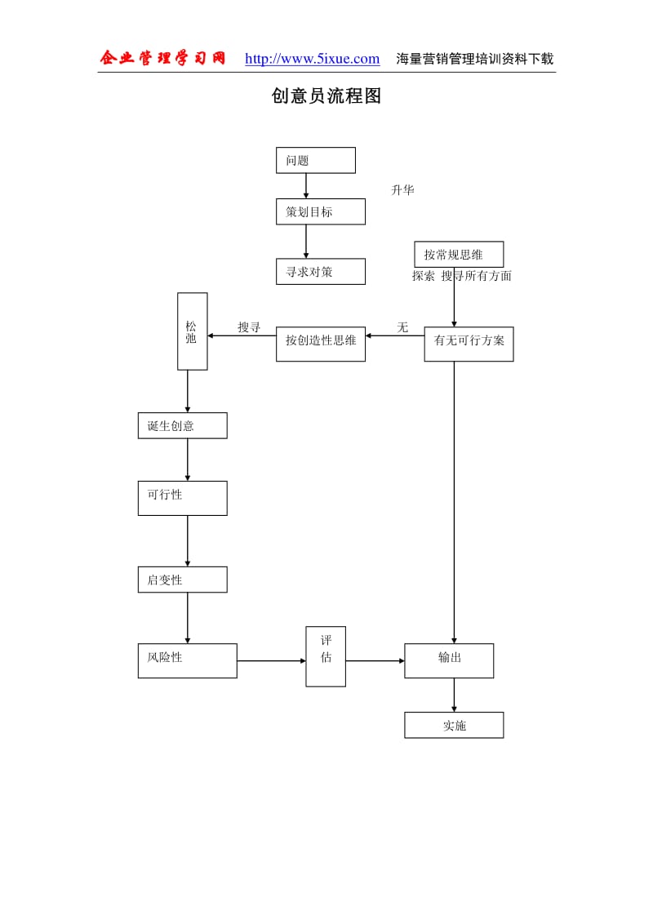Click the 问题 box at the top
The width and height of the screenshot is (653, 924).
pos(315,160)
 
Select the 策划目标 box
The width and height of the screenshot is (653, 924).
pos(320,211)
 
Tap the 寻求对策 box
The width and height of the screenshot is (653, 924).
pos(320,271)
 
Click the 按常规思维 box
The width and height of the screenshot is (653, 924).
pos(459,254)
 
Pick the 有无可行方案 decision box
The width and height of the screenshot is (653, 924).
pos(469,344)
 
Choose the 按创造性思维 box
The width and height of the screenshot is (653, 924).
pos(320,344)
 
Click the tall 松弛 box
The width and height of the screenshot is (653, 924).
pos(192,331)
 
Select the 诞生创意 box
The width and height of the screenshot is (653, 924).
pos(182,425)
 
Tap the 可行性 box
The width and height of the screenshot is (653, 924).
pos(182,498)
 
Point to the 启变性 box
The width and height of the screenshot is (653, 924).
pos(182,580)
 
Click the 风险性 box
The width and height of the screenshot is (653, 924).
pos(187,660)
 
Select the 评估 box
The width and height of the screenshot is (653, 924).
pos(326,656)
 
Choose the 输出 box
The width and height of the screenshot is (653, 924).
pos(449,660)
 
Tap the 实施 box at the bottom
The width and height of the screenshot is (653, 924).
pos(454,725)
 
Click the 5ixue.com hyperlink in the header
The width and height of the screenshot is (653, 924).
pos(312,59)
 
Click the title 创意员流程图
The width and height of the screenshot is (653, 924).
pos(326,96)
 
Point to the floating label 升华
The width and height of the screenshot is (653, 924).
pos(402,190)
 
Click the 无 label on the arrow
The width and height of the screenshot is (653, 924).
pos(402,327)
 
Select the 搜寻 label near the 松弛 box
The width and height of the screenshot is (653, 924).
pos(249,327)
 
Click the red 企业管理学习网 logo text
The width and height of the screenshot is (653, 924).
pos(162,58)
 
